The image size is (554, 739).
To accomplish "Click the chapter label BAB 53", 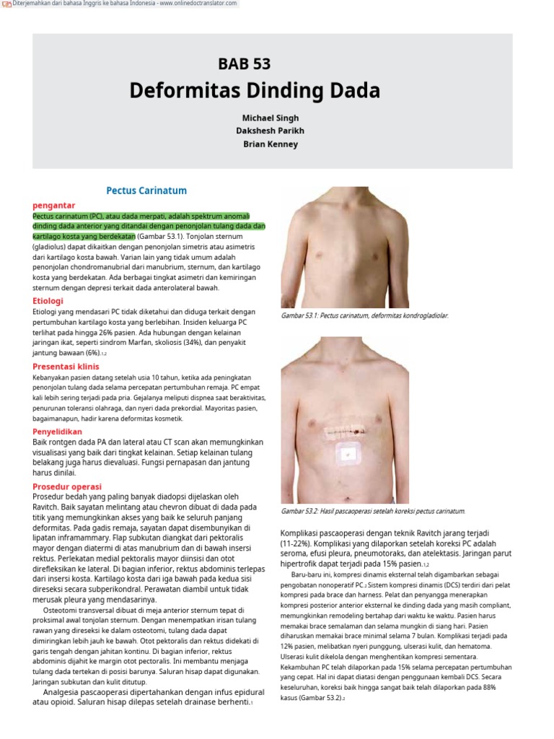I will coord(244,64).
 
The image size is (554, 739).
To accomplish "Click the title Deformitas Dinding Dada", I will coord(254,91).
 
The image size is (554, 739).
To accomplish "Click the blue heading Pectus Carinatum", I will coord(146,191).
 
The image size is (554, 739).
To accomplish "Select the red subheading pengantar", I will coord(54,206).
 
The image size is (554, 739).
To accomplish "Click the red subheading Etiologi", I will coord(48,300).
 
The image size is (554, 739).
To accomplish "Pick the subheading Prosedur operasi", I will coord(67,486).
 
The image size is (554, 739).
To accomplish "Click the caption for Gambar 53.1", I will coord(364,316).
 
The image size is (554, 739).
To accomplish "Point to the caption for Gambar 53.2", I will coord(372,511).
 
